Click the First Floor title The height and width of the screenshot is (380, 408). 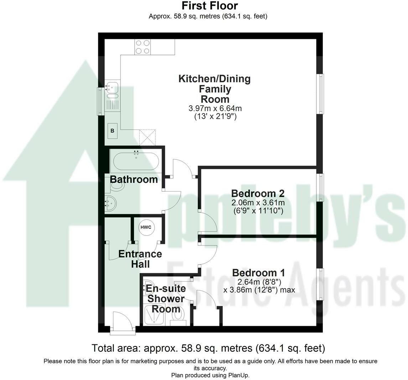[210, 5]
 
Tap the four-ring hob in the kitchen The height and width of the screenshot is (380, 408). [143, 47]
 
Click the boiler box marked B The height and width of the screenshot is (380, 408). [112, 131]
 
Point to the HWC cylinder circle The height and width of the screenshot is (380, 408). [146, 227]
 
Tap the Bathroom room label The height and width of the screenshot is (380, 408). [134, 179]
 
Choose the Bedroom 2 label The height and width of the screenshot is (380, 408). [258, 193]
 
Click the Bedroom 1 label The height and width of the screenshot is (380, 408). [258, 273]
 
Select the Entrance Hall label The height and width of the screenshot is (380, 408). [140, 259]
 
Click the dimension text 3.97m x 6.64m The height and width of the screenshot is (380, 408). [215, 108]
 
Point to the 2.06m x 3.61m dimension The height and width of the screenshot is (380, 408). [258, 203]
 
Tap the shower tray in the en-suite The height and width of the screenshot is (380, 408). [155, 314]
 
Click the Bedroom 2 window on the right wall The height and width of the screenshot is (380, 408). [320, 187]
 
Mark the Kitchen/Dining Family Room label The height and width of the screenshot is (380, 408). [215, 89]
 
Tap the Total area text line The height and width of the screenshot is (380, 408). [208, 348]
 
